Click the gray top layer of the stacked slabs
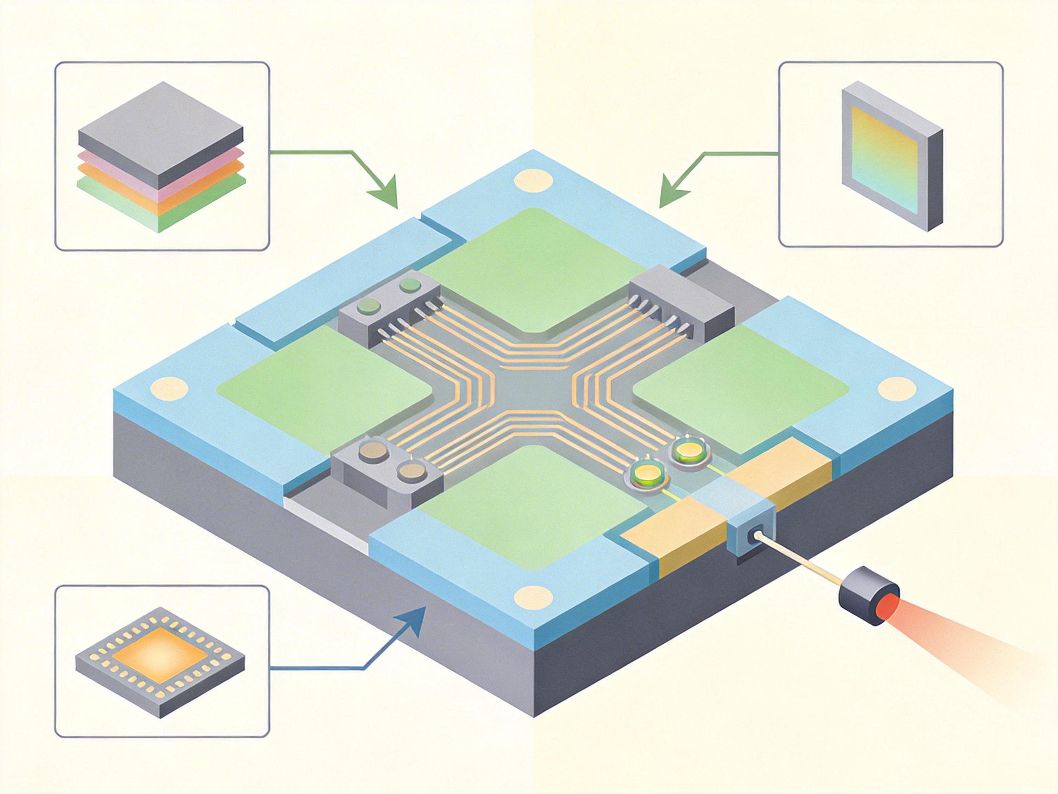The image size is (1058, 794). (x=160, y=125)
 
